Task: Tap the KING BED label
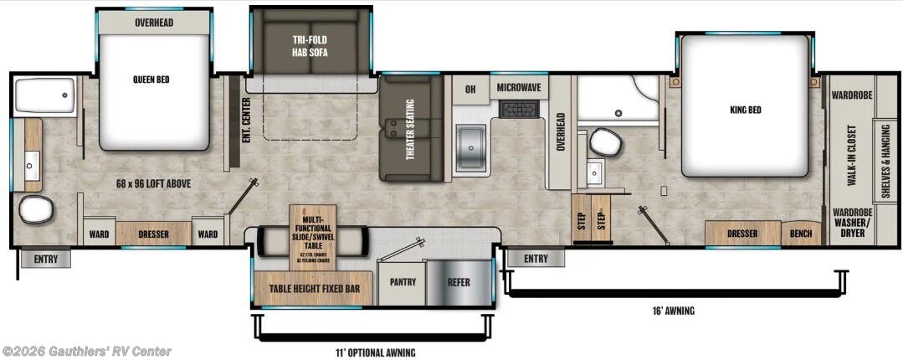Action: (745, 110)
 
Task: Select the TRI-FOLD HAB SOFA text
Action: (310, 46)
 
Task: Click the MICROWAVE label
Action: (519, 88)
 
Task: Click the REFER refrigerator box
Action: (459, 282)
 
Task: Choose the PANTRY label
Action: (403, 282)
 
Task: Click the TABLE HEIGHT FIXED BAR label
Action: (315, 290)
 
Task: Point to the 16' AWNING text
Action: (675, 311)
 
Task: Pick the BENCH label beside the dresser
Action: (801, 234)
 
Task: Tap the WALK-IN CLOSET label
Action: (851, 157)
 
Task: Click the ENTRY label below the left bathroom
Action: (46, 260)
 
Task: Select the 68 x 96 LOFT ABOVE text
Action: (151, 183)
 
